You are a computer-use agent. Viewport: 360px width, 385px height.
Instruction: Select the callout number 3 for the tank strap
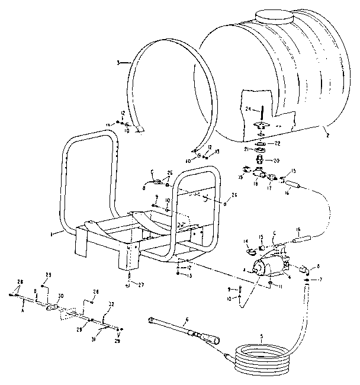click(118, 62)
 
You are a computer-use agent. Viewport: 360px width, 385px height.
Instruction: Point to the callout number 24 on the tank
click(248, 108)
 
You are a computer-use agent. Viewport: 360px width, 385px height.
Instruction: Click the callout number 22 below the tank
click(277, 143)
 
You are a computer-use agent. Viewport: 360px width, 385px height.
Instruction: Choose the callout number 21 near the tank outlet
click(245, 150)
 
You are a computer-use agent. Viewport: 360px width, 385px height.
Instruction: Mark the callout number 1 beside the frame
click(53, 234)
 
